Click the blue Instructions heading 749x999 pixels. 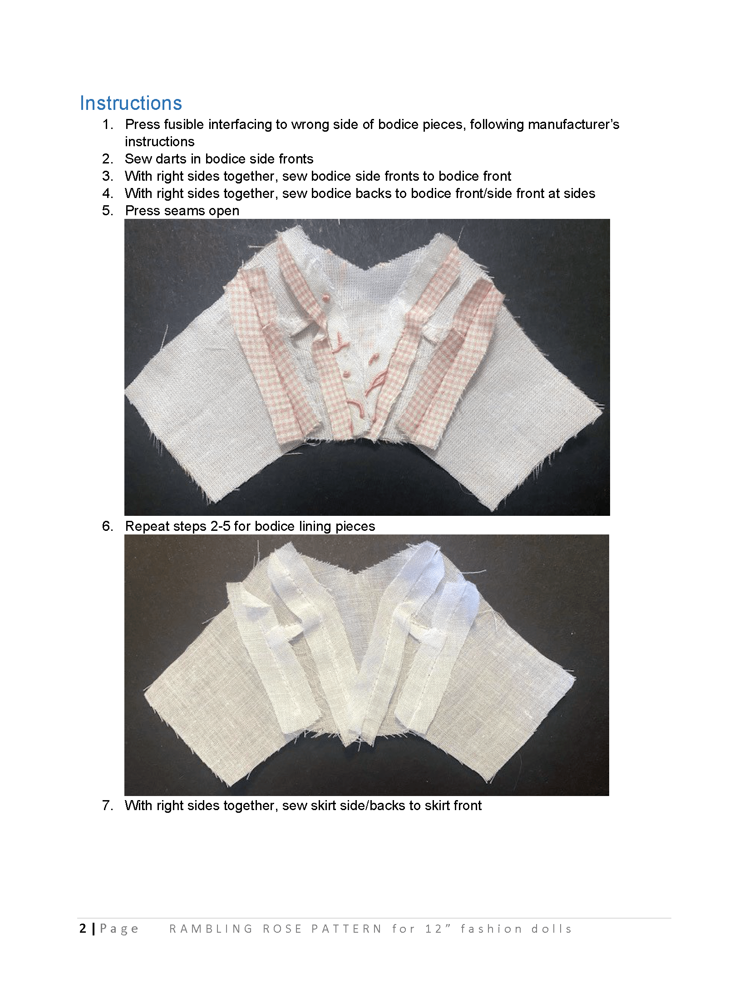[131, 104]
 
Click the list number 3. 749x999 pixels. [108, 176]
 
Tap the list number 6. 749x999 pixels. [108, 526]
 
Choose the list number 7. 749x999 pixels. [108, 806]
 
